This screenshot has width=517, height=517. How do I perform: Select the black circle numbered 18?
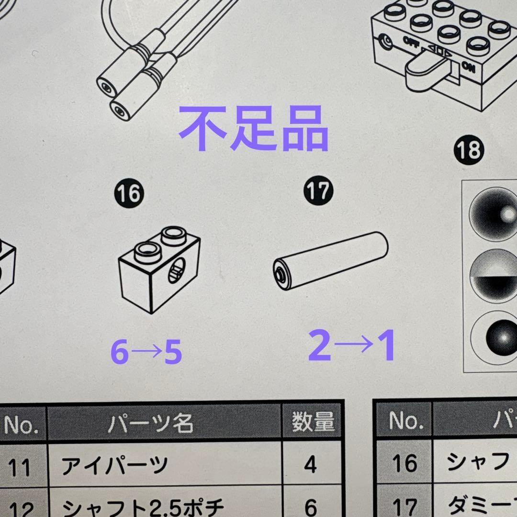468,150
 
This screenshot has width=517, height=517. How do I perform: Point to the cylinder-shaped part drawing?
330,260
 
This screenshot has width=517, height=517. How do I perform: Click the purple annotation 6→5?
146,353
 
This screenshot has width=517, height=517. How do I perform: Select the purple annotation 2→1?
352,346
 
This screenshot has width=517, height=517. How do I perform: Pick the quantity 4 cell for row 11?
311,464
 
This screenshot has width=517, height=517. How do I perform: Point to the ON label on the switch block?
469,68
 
